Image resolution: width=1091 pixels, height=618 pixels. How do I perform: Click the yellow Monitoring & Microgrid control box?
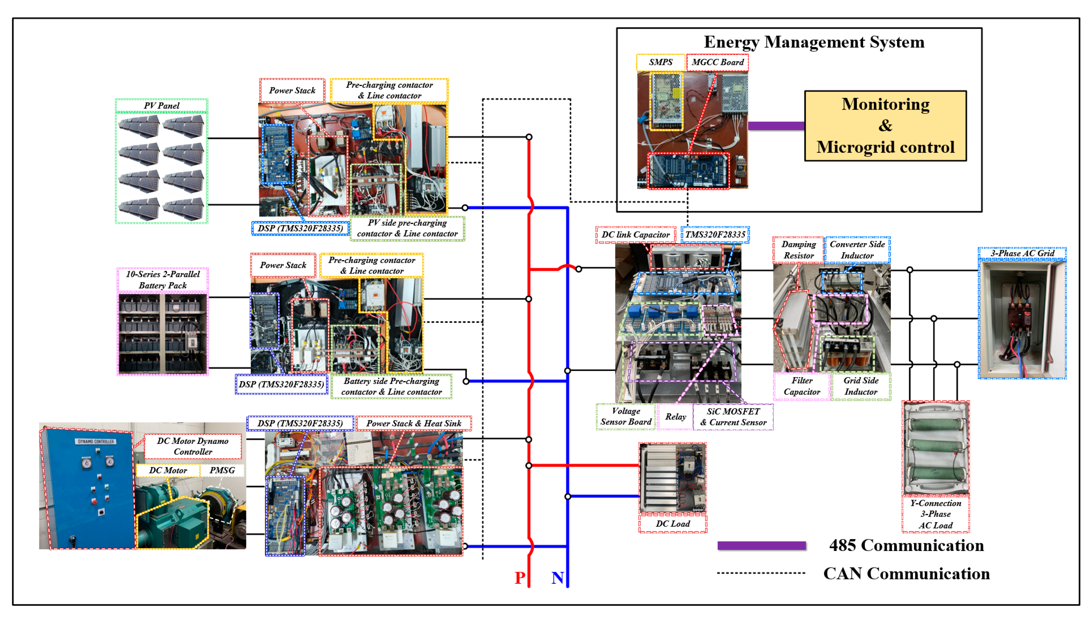click(885, 126)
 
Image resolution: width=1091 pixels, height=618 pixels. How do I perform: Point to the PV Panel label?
click(161, 105)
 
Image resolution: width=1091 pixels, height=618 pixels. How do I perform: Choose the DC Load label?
click(673, 523)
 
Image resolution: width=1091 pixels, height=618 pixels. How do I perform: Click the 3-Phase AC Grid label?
click(1022, 253)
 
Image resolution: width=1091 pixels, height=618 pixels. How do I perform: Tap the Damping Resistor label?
click(798, 250)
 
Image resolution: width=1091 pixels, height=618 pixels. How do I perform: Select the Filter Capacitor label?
click(801, 386)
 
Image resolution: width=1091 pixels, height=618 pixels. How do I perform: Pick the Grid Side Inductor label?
click(860, 386)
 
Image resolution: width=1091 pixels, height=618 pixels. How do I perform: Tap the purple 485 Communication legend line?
click(761, 546)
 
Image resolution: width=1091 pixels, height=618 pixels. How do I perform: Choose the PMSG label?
click(222, 470)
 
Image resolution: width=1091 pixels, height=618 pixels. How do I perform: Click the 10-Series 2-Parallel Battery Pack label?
click(163, 279)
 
